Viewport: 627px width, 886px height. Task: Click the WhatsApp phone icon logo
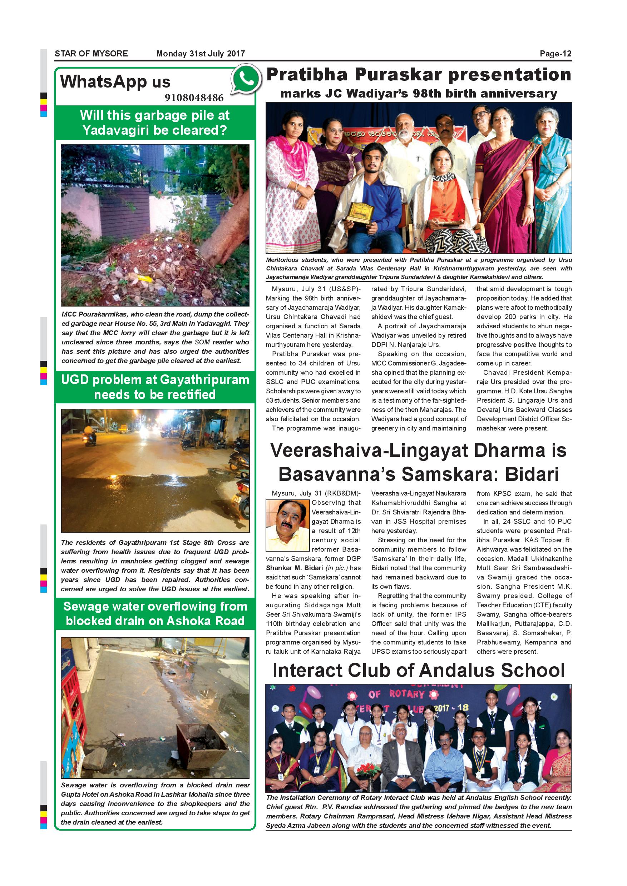point(246,80)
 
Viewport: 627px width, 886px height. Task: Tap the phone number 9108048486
point(194,98)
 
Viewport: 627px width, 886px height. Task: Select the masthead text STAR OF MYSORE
point(91,54)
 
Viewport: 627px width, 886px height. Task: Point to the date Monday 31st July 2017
point(201,54)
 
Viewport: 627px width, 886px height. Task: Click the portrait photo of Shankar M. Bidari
point(288,525)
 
